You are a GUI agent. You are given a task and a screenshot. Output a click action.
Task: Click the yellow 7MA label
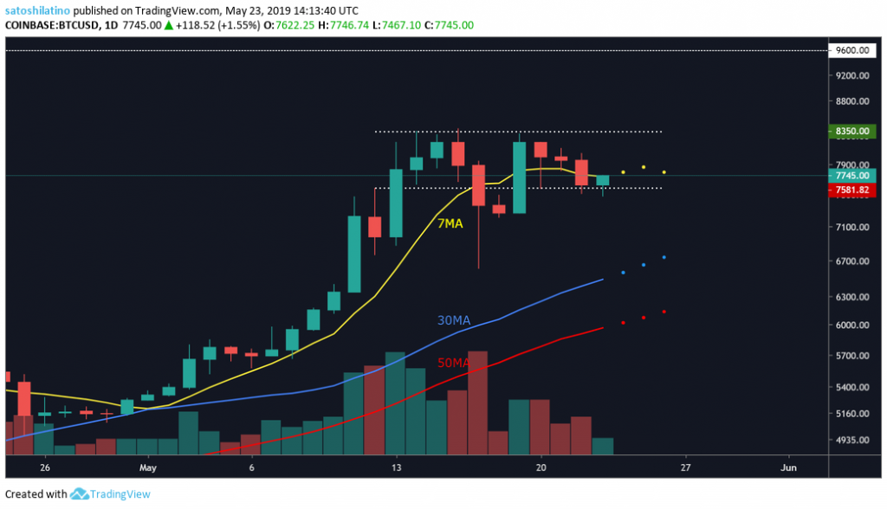pos(450,223)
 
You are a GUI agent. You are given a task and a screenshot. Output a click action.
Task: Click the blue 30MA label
pos(455,320)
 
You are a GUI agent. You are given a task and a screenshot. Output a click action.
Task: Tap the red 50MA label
pos(453,364)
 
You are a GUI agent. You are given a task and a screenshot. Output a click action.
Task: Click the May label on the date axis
pos(148,467)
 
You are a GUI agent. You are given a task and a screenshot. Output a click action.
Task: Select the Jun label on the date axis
pos(788,467)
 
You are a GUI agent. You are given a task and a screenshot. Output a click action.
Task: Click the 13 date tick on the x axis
pos(396,467)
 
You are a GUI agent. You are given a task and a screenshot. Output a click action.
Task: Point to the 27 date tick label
pos(686,467)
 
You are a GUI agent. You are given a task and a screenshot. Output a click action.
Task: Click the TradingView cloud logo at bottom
pos(81,494)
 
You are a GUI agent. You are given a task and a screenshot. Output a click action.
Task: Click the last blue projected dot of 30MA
pos(664,257)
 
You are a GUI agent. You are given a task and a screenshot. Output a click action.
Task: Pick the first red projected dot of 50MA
pos(623,323)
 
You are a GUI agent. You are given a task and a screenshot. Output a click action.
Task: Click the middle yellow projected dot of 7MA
pos(644,167)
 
